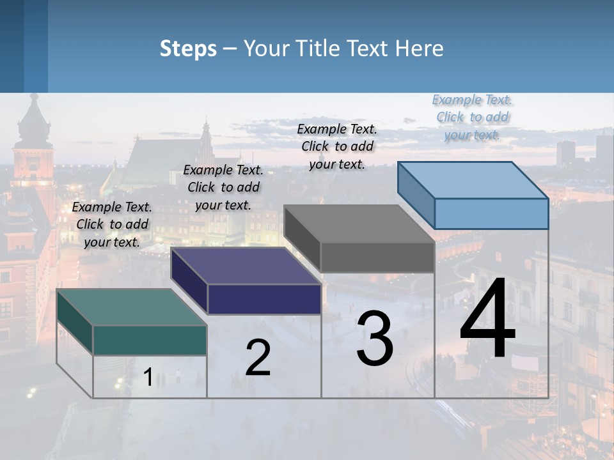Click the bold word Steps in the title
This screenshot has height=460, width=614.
[x=188, y=49]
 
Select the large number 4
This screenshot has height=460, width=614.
[x=487, y=319]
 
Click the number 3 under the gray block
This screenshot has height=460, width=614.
[x=375, y=339]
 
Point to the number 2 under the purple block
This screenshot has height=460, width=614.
[x=258, y=358]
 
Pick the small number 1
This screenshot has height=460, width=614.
[x=148, y=378]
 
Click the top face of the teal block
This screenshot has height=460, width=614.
[x=131, y=307]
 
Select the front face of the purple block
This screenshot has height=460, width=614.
[x=264, y=299]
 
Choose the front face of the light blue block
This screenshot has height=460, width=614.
[x=491, y=213]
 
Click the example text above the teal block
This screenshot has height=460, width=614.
[x=113, y=224]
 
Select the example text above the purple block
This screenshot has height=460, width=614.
[x=223, y=187]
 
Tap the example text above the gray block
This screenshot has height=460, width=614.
[x=337, y=146]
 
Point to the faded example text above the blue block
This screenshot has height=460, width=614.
[x=472, y=117]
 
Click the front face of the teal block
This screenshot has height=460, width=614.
[x=150, y=340]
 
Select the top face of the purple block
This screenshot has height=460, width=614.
[x=246, y=266]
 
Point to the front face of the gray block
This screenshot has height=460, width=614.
[x=377, y=257]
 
